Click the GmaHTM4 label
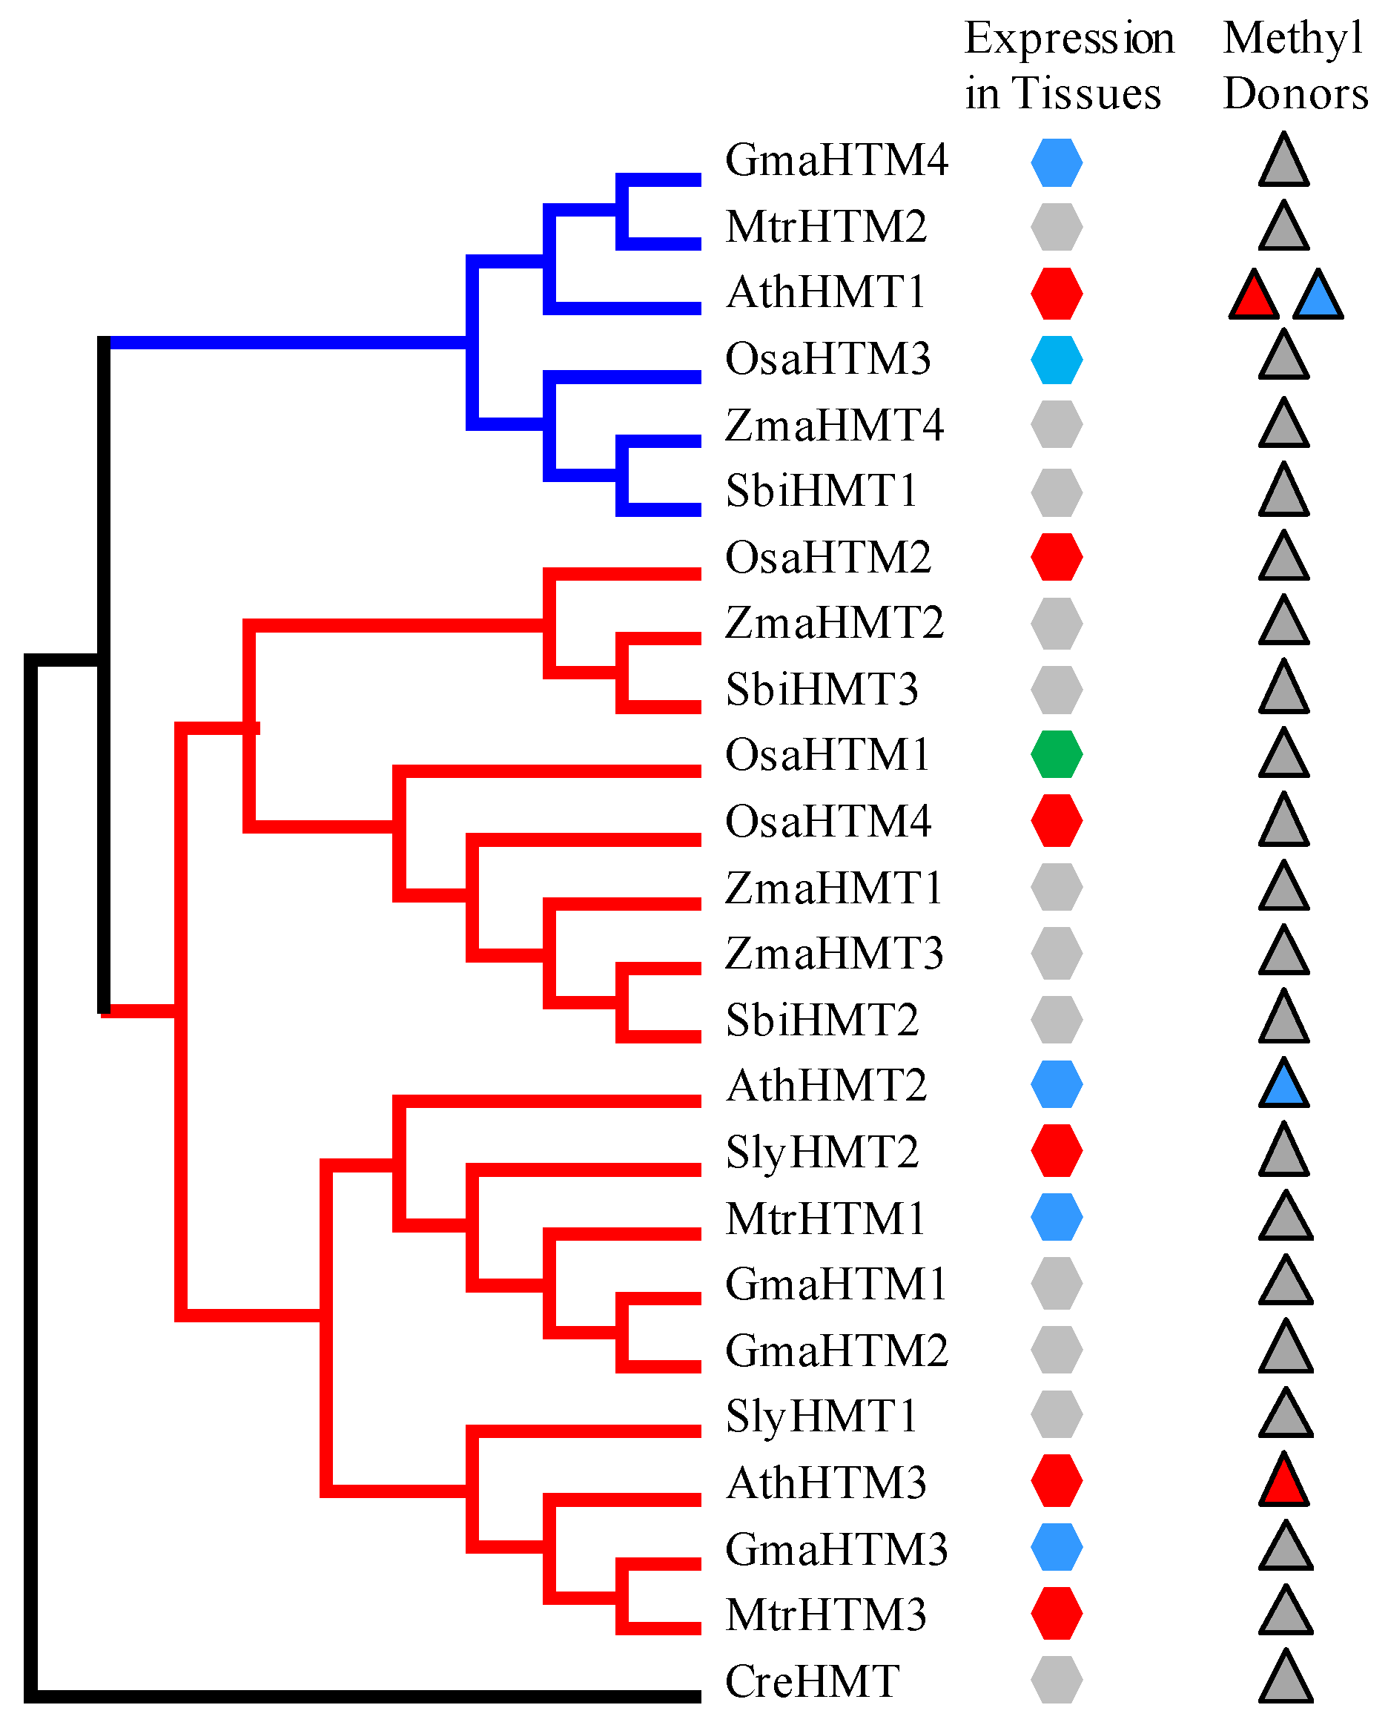click(x=836, y=160)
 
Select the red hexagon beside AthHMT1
click(x=1056, y=293)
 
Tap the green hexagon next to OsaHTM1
click(x=1056, y=754)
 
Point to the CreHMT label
click(x=812, y=1681)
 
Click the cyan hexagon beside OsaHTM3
click(x=1056, y=359)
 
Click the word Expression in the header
click(x=1068, y=39)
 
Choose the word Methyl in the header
click(x=1293, y=39)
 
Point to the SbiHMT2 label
click(x=822, y=1020)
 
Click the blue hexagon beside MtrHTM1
click(x=1056, y=1217)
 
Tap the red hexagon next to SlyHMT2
click(x=1056, y=1150)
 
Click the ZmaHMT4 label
click(x=833, y=425)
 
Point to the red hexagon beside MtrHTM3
click(x=1056, y=1614)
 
